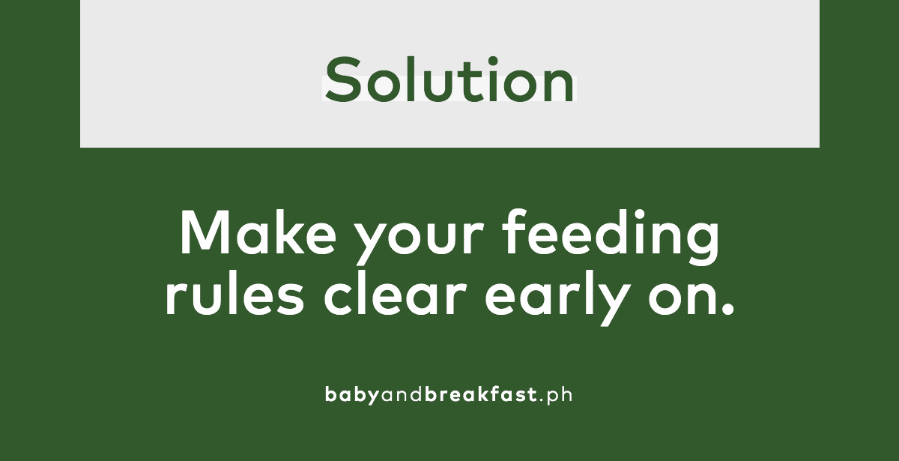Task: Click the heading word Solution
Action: point(449,79)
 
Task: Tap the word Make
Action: point(258,233)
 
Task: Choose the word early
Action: point(557,298)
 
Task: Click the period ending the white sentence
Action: point(727,308)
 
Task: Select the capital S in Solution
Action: point(342,79)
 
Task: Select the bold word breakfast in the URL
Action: point(481,394)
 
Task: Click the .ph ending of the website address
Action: point(555,394)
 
